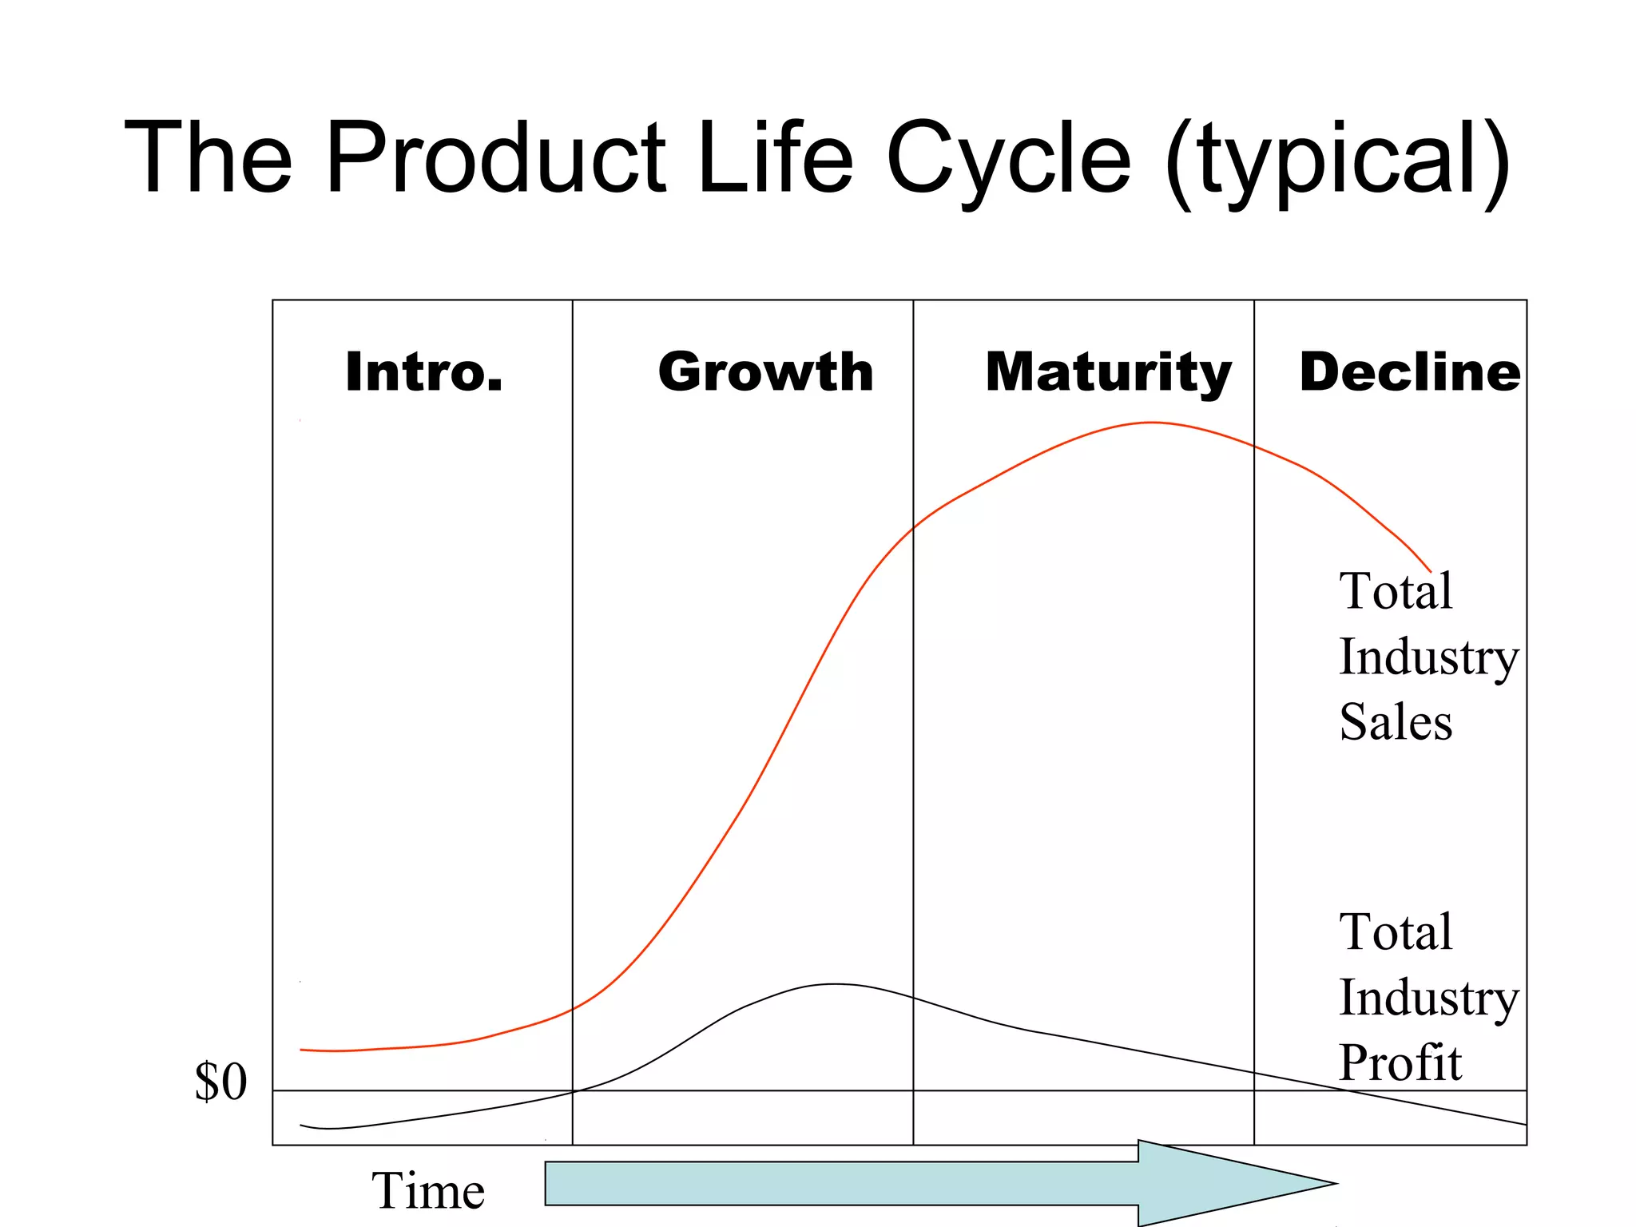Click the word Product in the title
[495, 157]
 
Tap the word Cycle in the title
[1008, 157]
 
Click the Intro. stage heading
[424, 372]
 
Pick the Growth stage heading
[765, 372]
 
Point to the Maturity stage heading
[1108, 372]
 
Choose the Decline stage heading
[1410, 372]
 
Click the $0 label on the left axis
[221, 1082]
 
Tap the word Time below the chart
[428, 1190]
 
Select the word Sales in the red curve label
[1396, 722]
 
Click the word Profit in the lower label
[1400, 1062]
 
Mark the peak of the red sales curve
[1150, 423]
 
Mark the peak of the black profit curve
[835, 984]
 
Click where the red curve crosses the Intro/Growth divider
[573, 1009]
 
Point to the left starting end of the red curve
[302, 1050]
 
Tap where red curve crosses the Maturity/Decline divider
[1254, 447]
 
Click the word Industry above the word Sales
[1428, 657]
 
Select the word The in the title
[209, 157]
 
